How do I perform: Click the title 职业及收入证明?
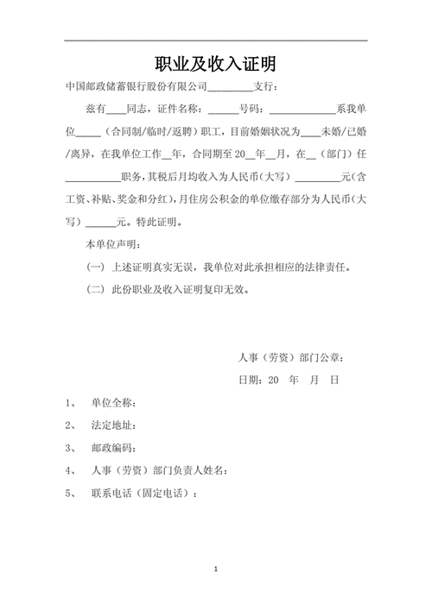(215, 64)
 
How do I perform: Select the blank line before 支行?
(230, 90)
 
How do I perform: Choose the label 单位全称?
(112, 403)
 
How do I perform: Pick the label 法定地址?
(112, 425)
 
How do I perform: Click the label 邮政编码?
(112, 448)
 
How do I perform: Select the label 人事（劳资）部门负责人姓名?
(159, 470)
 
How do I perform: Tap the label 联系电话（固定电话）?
(143, 493)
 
